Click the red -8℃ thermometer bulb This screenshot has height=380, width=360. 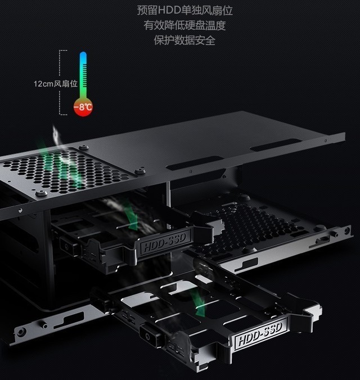83,106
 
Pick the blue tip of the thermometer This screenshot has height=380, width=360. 83,57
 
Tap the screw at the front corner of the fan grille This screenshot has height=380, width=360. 41,193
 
